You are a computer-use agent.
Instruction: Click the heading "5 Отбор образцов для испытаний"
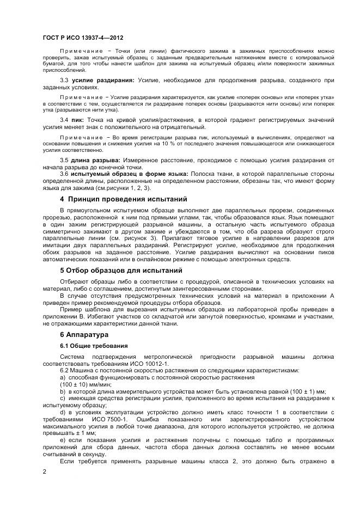(121, 271)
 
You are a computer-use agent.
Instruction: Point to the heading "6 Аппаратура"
(84, 334)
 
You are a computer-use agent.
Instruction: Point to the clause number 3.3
(64, 81)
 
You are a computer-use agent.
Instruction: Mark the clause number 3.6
(64, 174)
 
